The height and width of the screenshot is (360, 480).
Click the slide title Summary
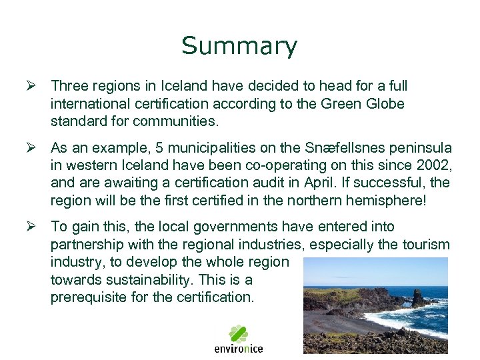point(239,46)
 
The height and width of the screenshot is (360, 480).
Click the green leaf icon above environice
point(239,333)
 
